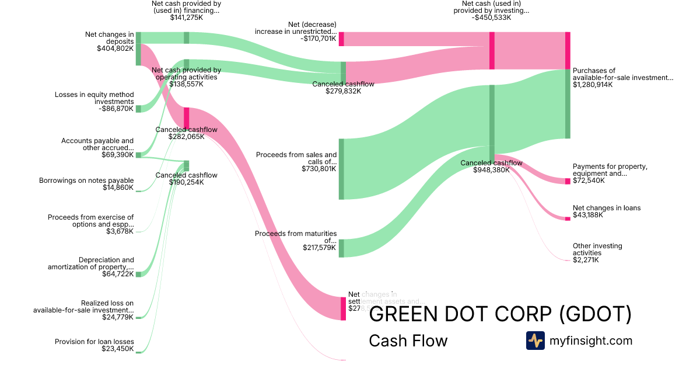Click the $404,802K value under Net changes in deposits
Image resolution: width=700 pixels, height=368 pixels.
(115, 48)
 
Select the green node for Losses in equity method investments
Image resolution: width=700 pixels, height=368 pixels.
(138, 109)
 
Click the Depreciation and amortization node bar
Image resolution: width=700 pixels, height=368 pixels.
(138, 274)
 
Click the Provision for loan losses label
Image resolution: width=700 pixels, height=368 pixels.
(94, 342)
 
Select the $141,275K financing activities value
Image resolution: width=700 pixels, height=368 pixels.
(187, 18)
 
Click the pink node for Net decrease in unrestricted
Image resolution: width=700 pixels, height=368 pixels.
(341, 39)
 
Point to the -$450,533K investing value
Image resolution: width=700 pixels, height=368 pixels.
(491, 18)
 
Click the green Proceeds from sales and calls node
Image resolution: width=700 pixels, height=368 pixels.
(341, 169)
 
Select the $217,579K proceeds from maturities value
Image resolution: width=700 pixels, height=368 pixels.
(319, 248)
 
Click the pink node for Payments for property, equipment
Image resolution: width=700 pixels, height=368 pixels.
(568, 181)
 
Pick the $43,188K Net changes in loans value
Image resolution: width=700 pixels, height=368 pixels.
(587, 215)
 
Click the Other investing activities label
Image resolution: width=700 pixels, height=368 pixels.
(597, 249)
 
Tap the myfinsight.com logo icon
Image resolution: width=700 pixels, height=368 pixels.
(535, 341)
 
